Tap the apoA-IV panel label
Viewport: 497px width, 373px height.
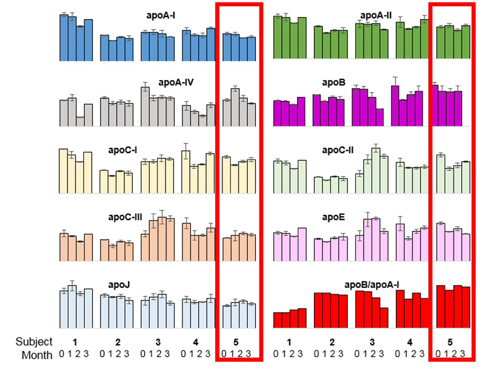(x=176, y=82)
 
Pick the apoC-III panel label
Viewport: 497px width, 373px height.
(x=125, y=217)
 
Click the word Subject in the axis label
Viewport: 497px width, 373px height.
(x=34, y=341)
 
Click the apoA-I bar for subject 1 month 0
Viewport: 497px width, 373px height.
(x=64, y=38)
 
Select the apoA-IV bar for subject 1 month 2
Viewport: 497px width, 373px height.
(x=80, y=121)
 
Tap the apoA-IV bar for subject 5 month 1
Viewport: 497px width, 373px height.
(x=235, y=107)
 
